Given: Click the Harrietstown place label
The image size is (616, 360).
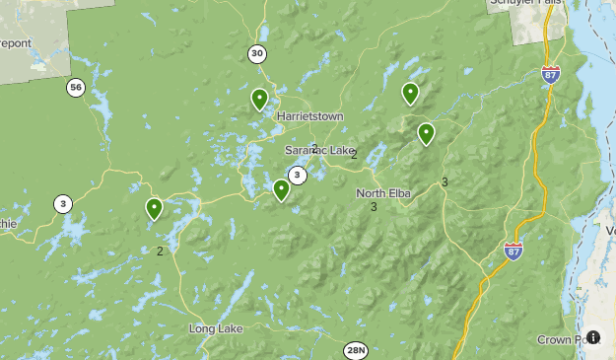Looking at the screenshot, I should point(309,115).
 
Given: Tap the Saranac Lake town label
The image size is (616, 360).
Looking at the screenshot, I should point(319,150).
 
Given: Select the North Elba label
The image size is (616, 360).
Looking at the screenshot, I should point(383,192).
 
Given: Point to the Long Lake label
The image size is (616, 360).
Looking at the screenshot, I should point(215,327).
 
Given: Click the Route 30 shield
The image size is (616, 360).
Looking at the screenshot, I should point(257,53).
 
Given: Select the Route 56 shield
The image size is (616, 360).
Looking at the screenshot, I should point(76,88).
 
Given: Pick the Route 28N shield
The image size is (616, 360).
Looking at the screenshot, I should point(356,350).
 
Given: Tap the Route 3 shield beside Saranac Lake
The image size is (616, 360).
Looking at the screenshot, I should point(297,176).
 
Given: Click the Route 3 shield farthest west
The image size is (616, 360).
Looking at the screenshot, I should point(63,204).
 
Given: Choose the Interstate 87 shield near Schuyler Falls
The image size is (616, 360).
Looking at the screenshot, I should point(551,74).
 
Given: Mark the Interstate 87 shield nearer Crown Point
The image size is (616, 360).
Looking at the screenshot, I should point(513,251).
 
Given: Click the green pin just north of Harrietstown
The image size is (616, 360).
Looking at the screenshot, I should point(259,99).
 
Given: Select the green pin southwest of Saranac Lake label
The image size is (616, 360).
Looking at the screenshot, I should point(281,189).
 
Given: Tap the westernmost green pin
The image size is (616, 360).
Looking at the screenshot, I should point(154,208).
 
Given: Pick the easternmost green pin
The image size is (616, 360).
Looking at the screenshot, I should point(426,133).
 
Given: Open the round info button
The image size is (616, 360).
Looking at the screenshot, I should point(593,336).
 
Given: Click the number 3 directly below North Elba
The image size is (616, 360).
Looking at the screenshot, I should point(374,207).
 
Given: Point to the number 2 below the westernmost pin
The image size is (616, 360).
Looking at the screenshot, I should point(160,251).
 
